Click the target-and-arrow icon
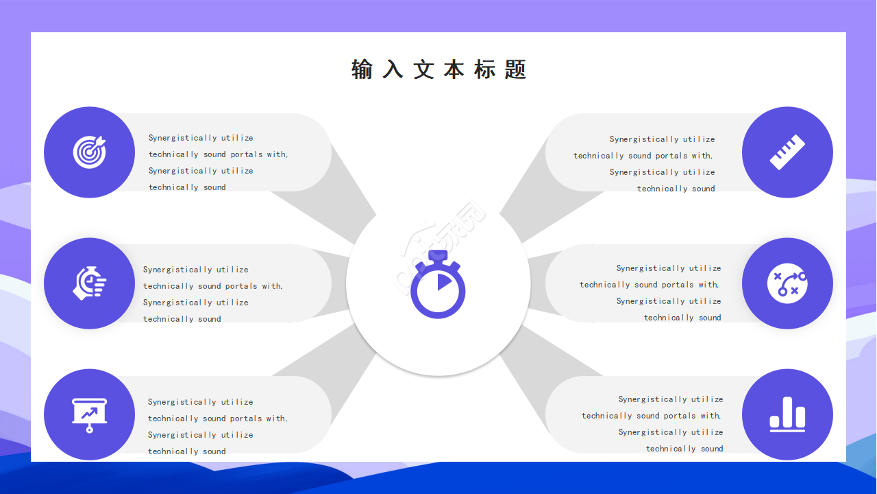(x=90, y=152)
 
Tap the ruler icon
(x=787, y=152)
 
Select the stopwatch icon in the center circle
(x=438, y=285)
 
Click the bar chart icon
(x=787, y=414)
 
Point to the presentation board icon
(x=90, y=414)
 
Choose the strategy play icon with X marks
(x=787, y=283)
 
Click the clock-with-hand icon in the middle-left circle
(x=90, y=283)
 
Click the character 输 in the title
(x=362, y=69)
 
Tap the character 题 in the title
(x=515, y=69)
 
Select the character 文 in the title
(x=423, y=69)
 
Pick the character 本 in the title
(x=454, y=69)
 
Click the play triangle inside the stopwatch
(x=444, y=282)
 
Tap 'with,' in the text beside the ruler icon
(x=702, y=156)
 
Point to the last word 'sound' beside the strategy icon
(x=710, y=318)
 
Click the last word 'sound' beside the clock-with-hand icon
(x=210, y=319)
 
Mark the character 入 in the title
(x=393, y=69)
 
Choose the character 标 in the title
(x=485, y=69)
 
